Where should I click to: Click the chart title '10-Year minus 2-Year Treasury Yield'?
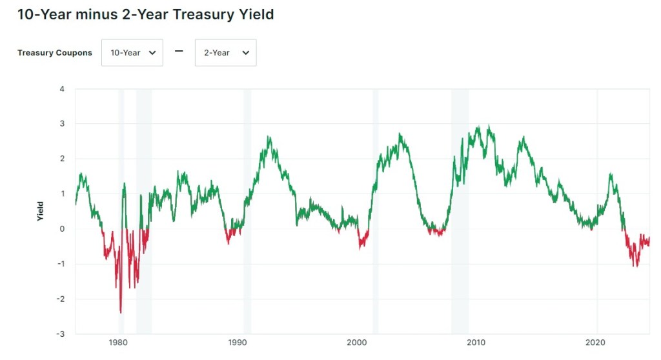tap(145, 14)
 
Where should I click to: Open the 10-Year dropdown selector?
tap(132, 53)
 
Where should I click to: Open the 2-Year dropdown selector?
tap(225, 53)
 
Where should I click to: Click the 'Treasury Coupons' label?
tap(55, 53)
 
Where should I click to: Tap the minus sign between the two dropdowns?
tap(179, 52)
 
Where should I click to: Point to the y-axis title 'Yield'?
tap(40, 211)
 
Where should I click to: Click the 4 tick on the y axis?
tap(62, 88)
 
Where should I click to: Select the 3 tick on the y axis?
tap(62, 123)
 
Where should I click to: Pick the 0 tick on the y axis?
tap(62, 228)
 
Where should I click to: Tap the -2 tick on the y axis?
tap(61, 299)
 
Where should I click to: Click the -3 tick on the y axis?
tap(61, 334)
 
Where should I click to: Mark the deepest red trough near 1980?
tap(121, 312)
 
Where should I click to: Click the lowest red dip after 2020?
tap(635, 266)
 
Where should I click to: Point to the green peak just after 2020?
tap(611, 174)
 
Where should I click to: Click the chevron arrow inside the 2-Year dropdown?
tap(245, 53)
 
